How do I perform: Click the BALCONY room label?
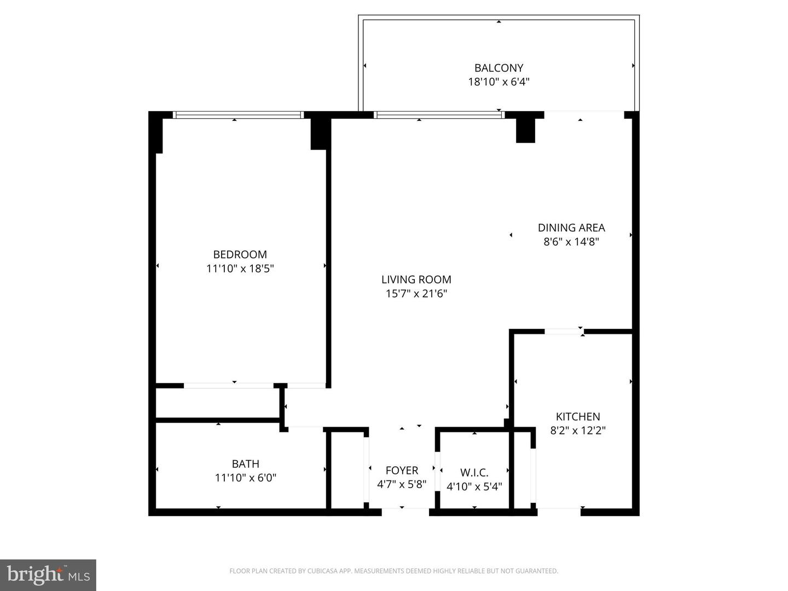[x=499, y=68]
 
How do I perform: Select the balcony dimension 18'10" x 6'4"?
[x=499, y=82]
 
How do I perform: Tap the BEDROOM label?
[x=240, y=254]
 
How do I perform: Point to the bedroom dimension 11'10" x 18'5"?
[x=240, y=269]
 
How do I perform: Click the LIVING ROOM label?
[x=416, y=280]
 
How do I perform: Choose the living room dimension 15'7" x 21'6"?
[x=416, y=294]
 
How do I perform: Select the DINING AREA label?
[x=571, y=228]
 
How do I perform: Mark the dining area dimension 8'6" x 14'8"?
[x=571, y=242]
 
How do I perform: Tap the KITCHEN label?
[x=578, y=416]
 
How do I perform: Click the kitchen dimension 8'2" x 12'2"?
[x=578, y=431]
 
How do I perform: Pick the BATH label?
[x=245, y=463]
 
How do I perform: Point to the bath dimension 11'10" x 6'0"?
[x=245, y=478]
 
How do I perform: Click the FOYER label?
[x=402, y=471]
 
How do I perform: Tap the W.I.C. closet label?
[x=474, y=472]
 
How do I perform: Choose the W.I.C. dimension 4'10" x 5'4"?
[x=474, y=486]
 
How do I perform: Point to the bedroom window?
[x=238, y=115]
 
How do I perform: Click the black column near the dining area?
[x=525, y=130]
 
